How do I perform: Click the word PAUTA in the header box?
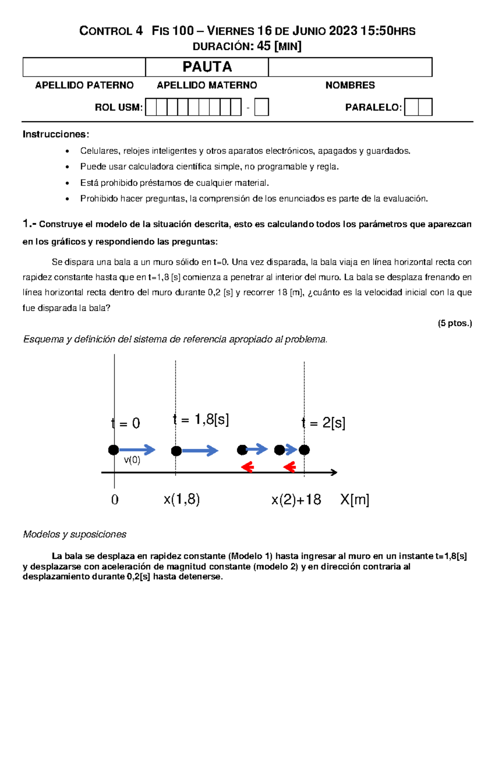[207, 67]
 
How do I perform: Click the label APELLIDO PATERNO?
[84, 85]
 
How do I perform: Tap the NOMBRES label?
[350, 85]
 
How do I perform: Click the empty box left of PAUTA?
[84, 67]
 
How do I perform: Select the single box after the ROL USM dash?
[262, 107]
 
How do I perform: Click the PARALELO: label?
[373, 108]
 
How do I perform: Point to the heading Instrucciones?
[56, 134]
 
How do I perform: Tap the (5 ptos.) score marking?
[455, 323]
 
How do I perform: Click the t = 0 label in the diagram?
[126, 423]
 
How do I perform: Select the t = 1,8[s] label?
[201, 420]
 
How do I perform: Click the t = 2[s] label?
[323, 423]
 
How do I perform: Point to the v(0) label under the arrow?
[132, 460]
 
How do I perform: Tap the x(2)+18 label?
[296, 500]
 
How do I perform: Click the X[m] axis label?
[354, 500]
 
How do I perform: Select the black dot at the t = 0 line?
[114, 450]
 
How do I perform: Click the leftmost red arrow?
[247, 467]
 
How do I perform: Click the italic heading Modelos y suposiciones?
[75, 535]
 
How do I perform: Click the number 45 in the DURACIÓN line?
[264, 46]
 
